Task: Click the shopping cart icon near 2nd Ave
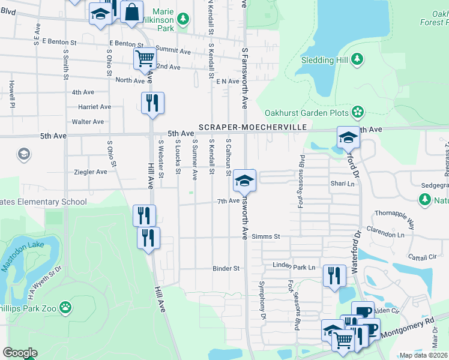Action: (145, 59)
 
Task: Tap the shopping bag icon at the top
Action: (131, 11)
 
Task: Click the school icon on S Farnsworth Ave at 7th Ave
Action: (244, 179)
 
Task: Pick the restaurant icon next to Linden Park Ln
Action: (334, 275)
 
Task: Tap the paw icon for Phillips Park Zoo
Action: (65, 308)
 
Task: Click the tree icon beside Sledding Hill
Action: (357, 59)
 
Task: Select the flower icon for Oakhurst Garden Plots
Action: (357, 112)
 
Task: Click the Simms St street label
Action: (266, 236)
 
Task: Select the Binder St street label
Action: (226, 268)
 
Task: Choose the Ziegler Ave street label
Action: (89, 172)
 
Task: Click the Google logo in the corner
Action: (20, 353)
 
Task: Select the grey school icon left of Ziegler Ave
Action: (24, 154)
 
